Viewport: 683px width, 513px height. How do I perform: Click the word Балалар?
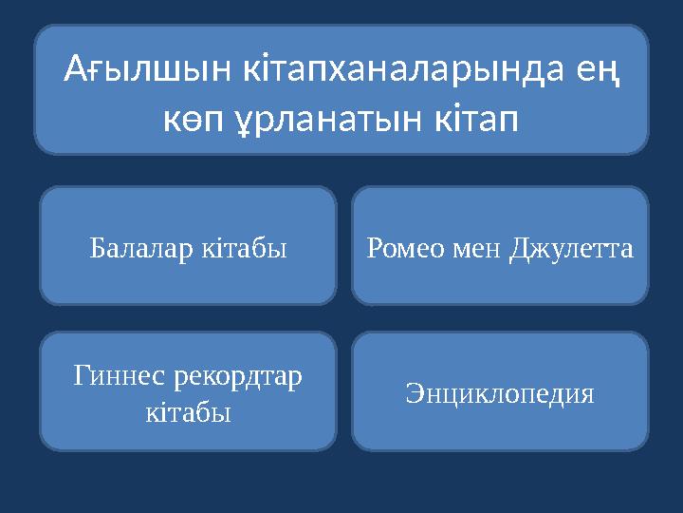140,249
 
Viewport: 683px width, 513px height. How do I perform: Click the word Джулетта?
572,249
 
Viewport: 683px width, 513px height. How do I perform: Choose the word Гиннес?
120,376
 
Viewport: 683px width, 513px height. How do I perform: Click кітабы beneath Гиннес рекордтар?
188,412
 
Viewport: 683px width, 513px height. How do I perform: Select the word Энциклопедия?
500,393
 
